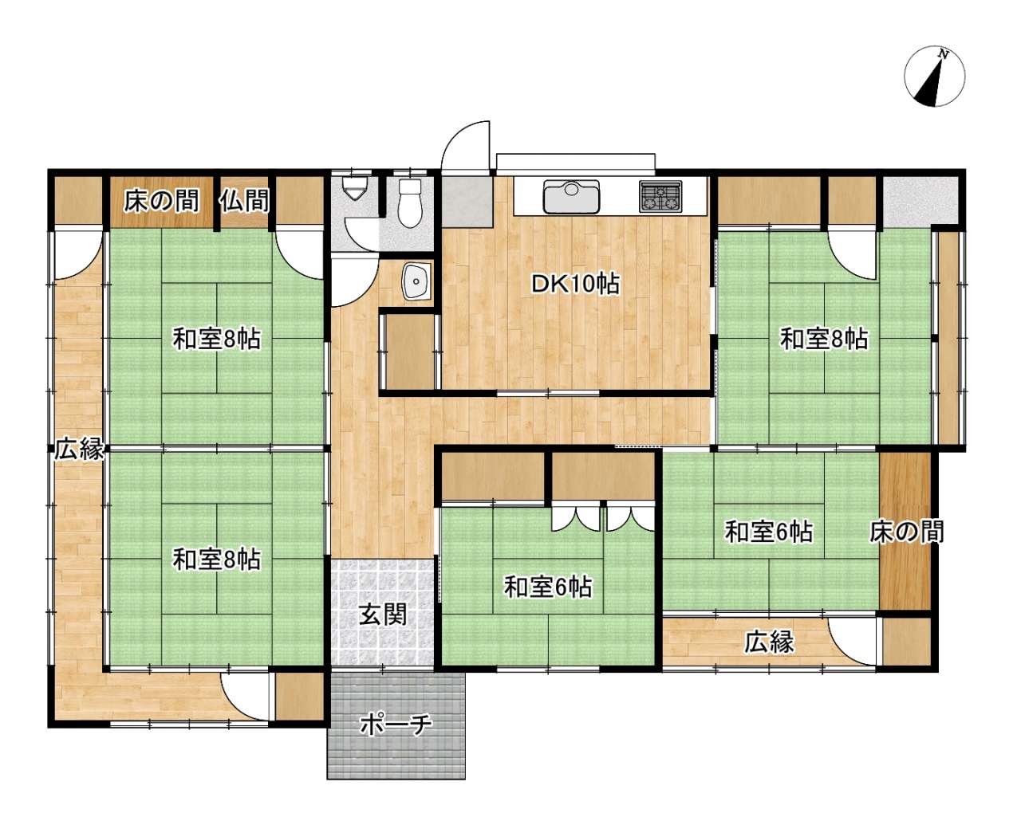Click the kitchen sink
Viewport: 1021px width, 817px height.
pos(571,196)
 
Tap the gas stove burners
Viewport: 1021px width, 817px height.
pos(660,196)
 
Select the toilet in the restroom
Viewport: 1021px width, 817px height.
pos(410,203)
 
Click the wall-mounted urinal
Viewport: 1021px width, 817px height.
pos(357,189)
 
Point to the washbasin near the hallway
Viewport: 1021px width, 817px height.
pos(416,281)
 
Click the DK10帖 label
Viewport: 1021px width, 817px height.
pos(575,284)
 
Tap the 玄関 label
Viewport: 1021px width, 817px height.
pos(382,615)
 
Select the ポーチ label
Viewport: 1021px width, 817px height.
pos(396,725)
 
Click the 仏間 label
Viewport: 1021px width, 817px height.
pos(245,200)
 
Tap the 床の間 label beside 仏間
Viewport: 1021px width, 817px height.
pos(161,200)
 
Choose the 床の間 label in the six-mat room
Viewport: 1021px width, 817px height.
pos(906,532)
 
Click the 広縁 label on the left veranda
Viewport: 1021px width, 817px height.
pos(78,450)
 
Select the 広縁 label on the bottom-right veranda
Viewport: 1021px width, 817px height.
pos(769,642)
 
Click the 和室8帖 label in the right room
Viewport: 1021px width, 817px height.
pos(825,339)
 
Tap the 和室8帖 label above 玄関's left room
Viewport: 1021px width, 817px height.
pos(216,339)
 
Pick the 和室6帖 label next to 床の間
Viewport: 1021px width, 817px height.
pos(769,532)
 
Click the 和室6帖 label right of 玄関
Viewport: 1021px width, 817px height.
pos(548,587)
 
